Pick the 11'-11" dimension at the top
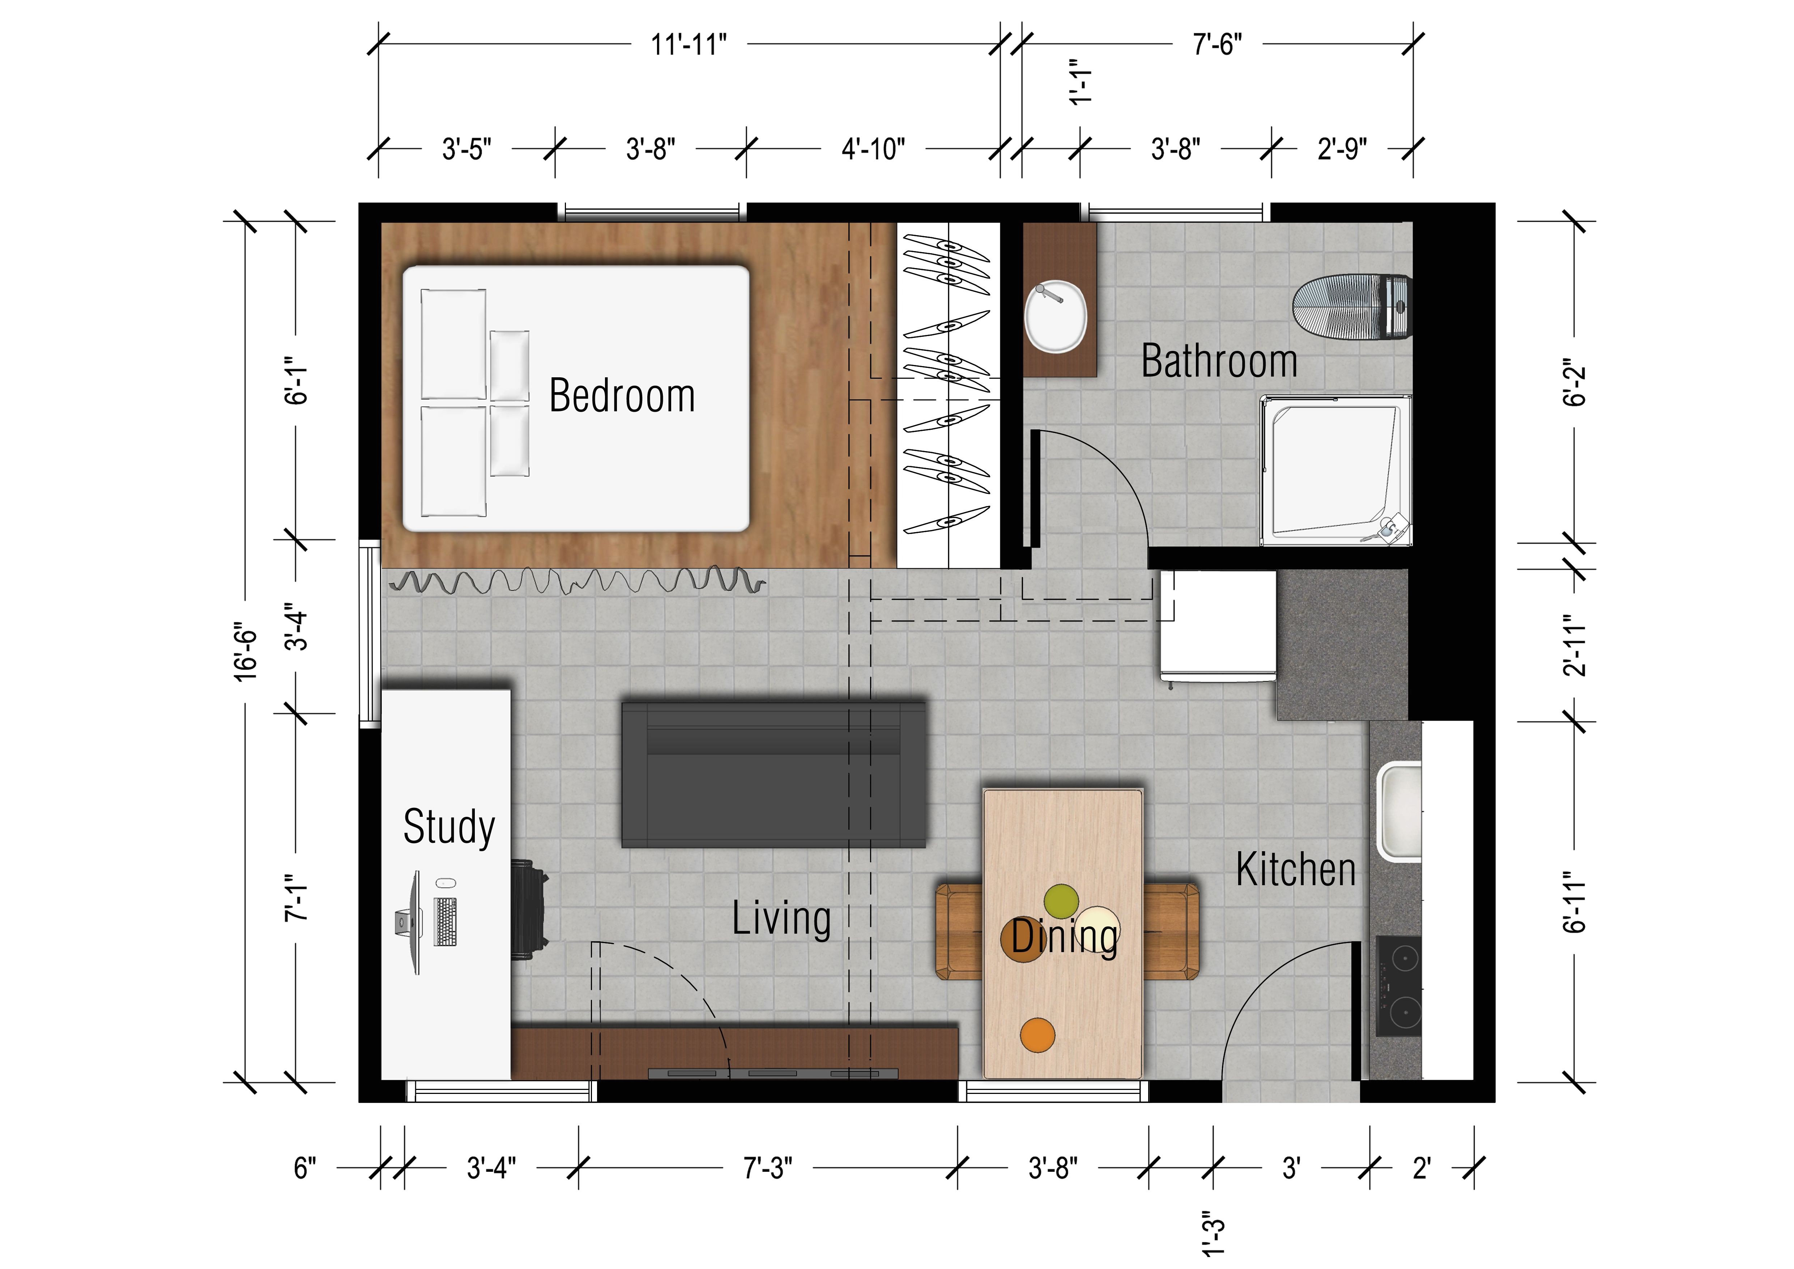pos(689,44)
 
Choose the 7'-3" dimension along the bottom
pos(767,1168)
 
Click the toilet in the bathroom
pos(1352,306)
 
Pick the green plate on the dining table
pos(1061,901)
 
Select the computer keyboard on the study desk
pos(446,922)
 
